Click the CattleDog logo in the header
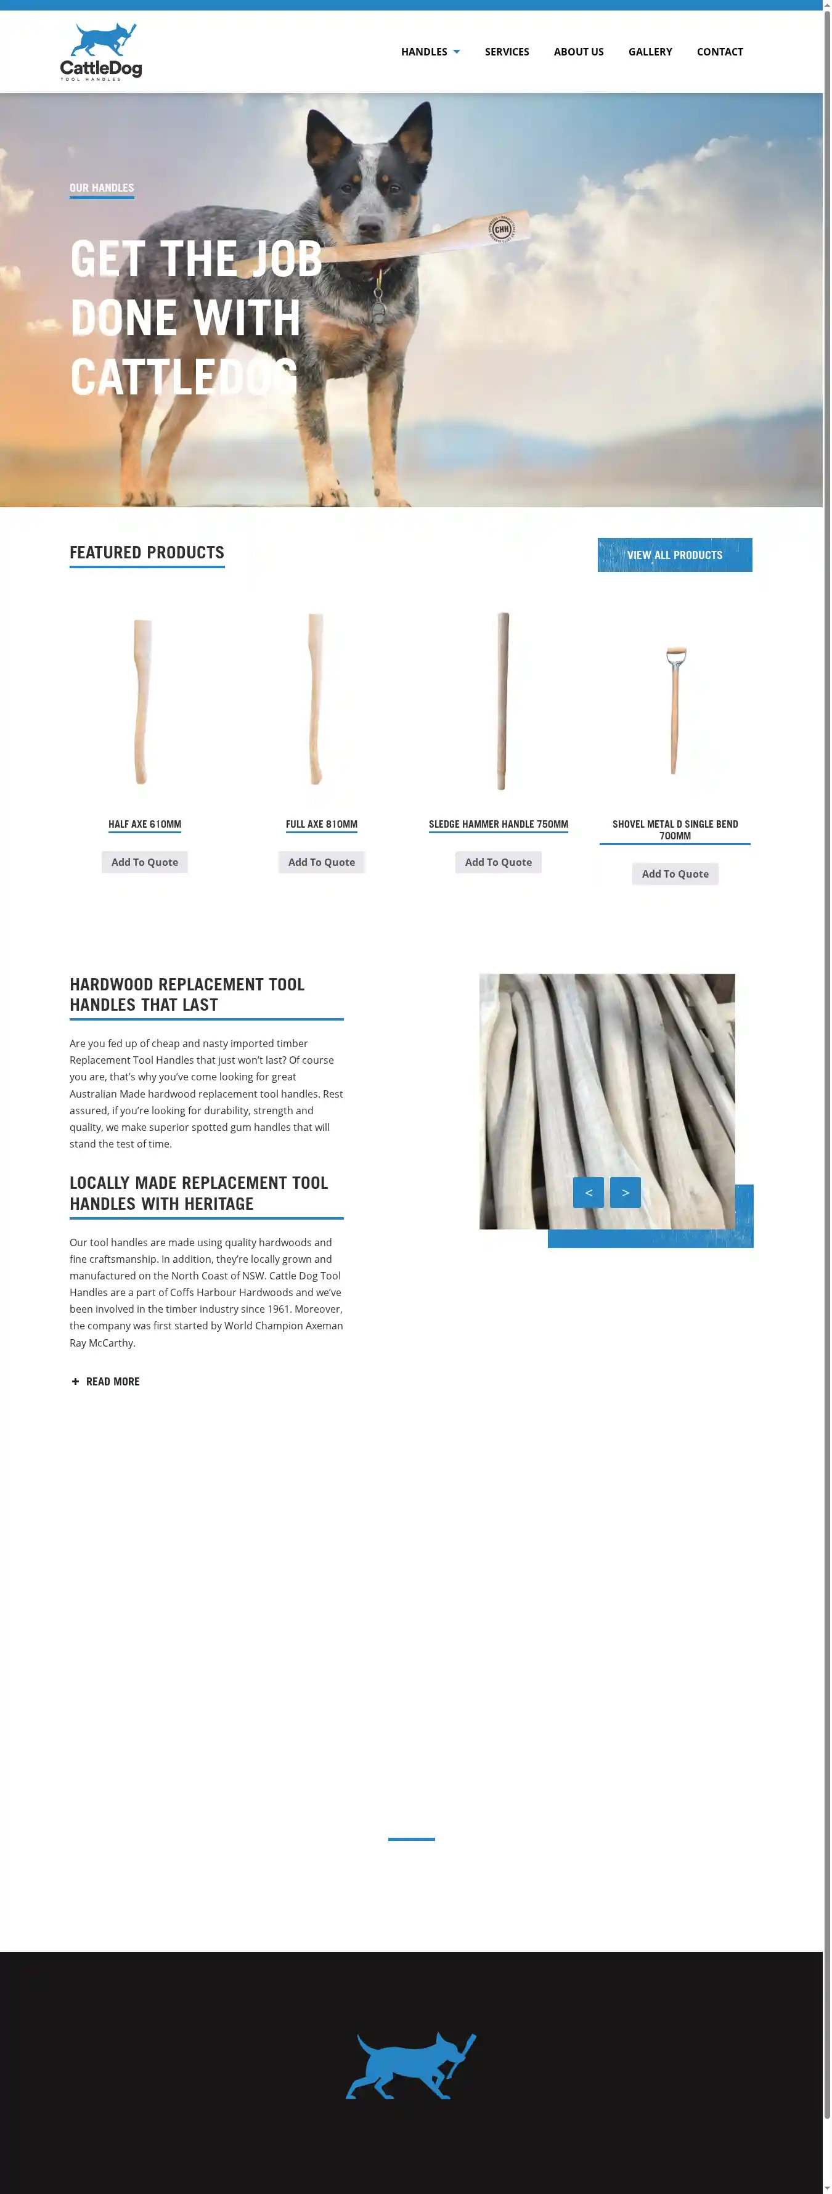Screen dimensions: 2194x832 100,52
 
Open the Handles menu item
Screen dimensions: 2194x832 430,52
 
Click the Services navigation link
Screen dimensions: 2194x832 507,52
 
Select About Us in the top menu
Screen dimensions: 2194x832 578,52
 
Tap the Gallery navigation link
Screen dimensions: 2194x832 650,52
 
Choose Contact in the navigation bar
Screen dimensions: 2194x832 720,52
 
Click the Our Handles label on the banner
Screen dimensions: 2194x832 101,188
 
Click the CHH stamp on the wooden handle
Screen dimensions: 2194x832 502,229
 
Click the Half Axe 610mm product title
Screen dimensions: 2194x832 145,825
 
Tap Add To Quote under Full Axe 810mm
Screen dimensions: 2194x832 321,862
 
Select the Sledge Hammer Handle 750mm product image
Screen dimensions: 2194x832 502,701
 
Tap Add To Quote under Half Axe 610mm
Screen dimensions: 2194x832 145,862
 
